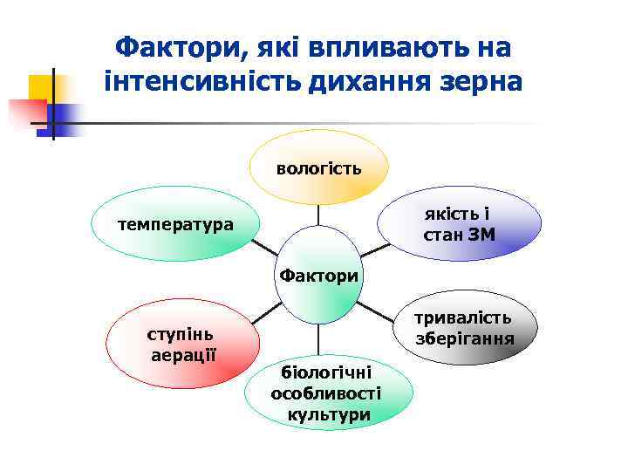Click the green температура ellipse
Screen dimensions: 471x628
pyautogui.click(x=175, y=224)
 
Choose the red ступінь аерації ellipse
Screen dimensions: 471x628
pyautogui.click(x=182, y=345)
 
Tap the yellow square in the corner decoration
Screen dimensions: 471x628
pyautogui.click(x=40, y=87)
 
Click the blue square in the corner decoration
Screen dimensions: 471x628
pyautogui.click(x=65, y=116)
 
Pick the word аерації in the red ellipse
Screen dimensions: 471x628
pyautogui.click(x=182, y=355)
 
